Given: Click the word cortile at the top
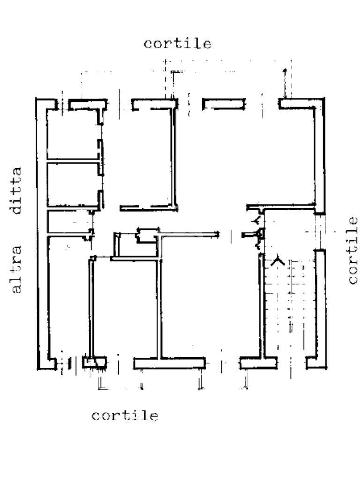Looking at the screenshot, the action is pyautogui.click(x=178, y=44).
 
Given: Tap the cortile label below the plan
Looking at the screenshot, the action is pyautogui.click(x=125, y=415).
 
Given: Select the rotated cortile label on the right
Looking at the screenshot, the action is pyautogui.click(x=352, y=250).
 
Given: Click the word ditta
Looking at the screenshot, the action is pyautogui.click(x=16, y=190).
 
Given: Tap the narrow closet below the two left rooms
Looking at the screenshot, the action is pyautogui.click(x=69, y=221).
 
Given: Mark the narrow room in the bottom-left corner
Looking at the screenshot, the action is pyautogui.click(x=69, y=297).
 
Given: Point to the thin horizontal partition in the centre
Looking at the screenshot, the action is pyautogui.click(x=188, y=235).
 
